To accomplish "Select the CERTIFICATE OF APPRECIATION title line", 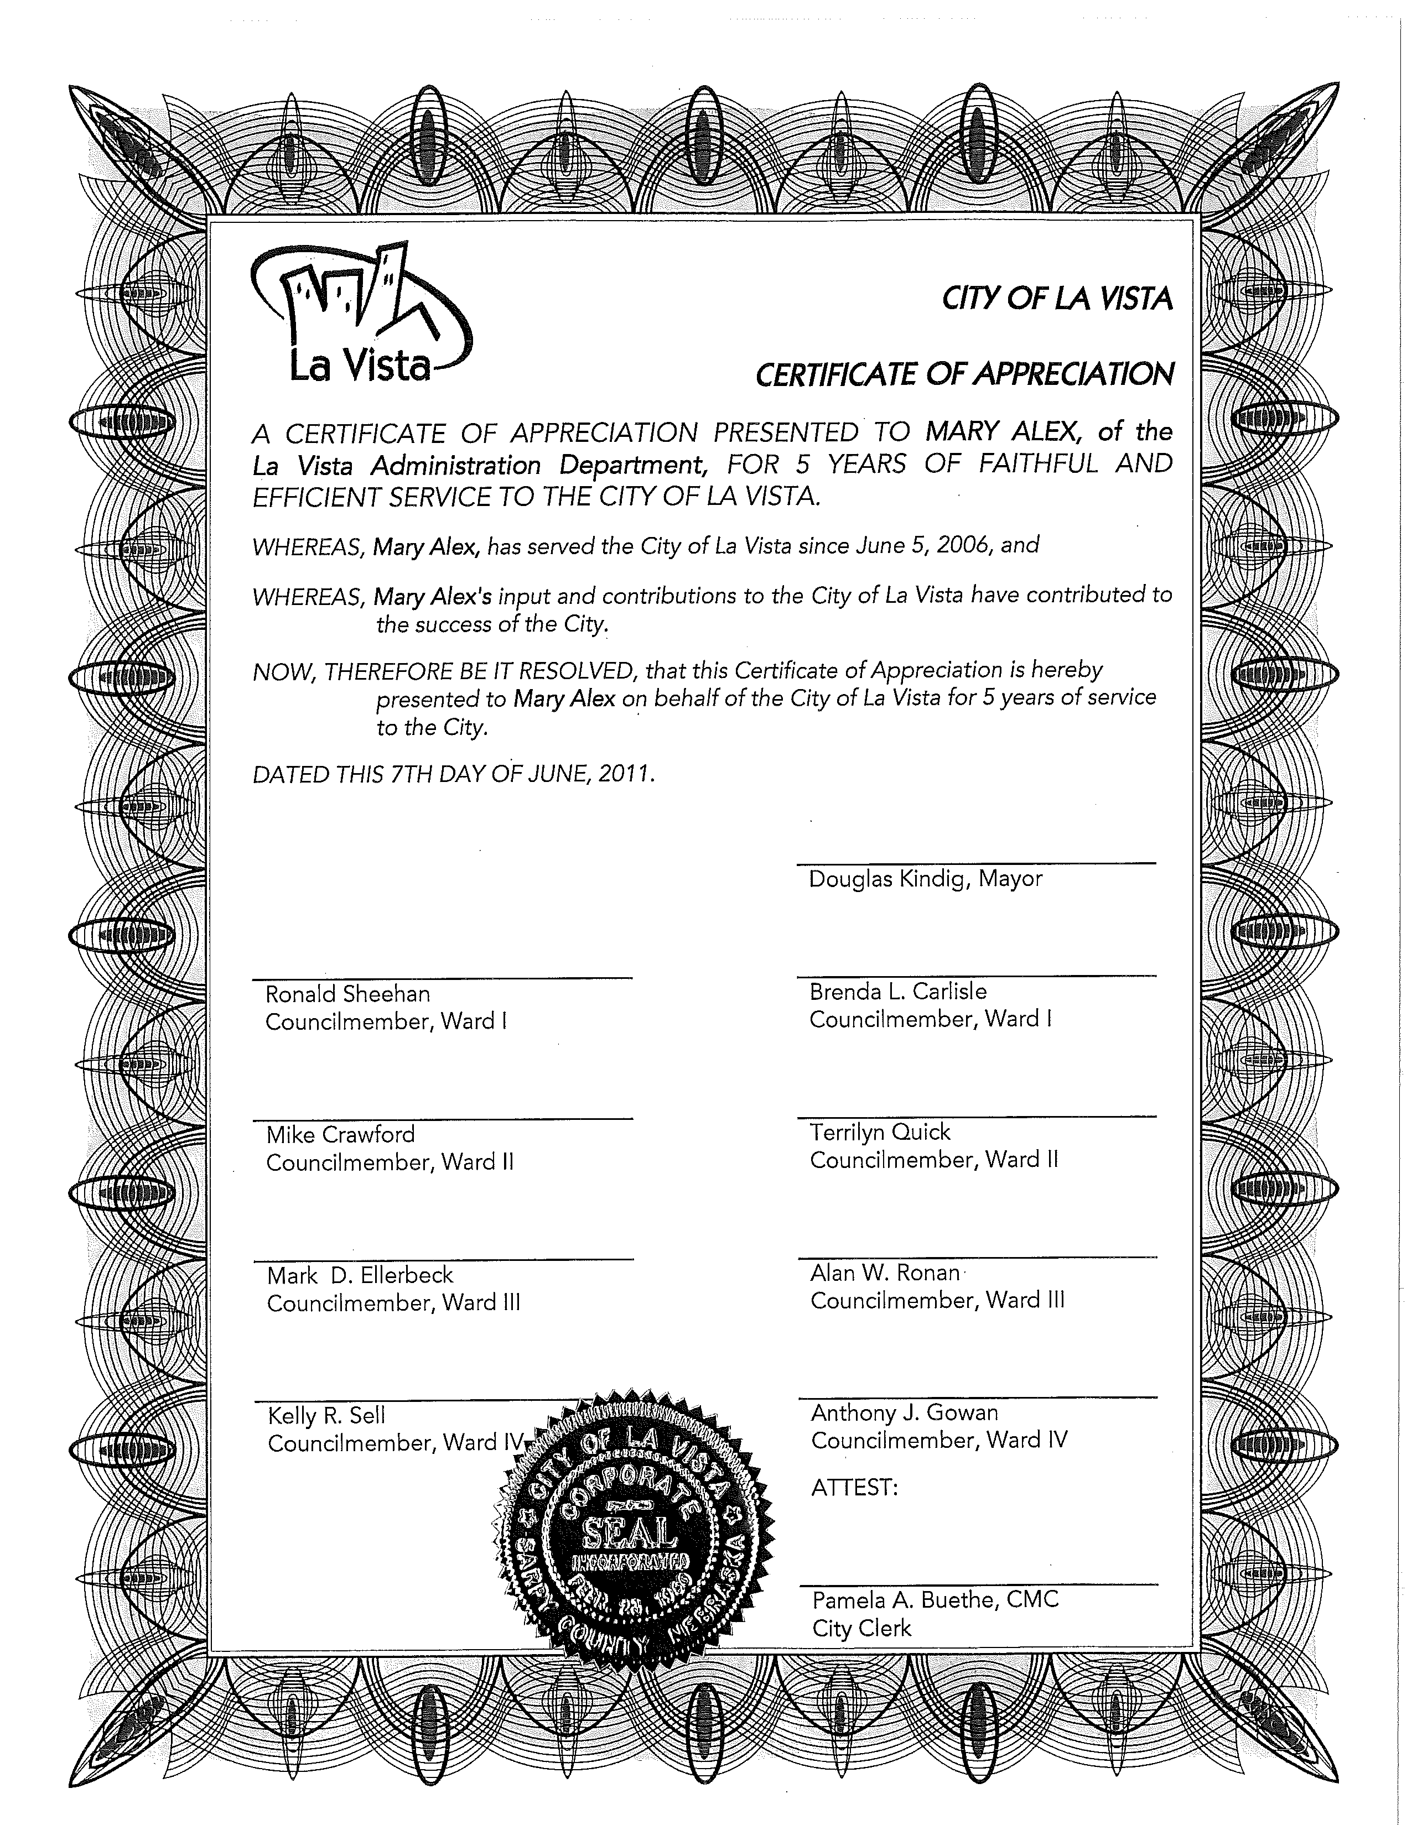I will [x=964, y=374].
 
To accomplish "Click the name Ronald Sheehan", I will [x=348, y=994].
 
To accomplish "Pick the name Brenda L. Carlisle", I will [x=898, y=991].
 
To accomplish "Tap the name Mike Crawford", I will [x=340, y=1134].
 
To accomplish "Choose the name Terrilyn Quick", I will [x=880, y=1132].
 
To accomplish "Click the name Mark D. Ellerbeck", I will [x=360, y=1275].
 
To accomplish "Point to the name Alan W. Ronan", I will [x=885, y=1273].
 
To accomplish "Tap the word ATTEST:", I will [x=854, y=1488].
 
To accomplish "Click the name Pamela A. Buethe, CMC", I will [x=935, y=1599].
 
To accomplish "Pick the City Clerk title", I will [x=861, y=1628].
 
